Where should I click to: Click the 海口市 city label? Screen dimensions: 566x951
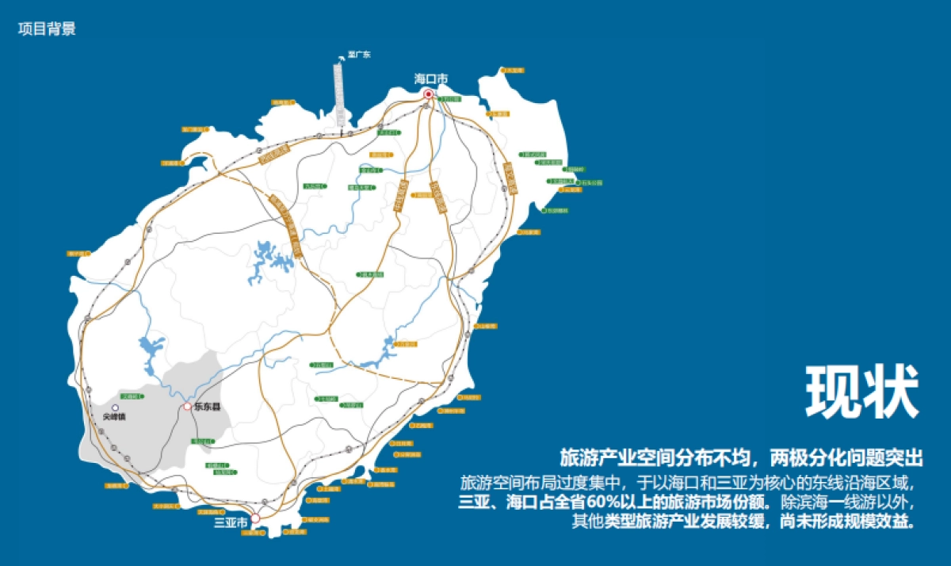click(431, 79)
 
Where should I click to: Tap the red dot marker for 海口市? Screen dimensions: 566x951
click(428, 94)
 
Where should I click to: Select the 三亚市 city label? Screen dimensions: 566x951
click(231, 522)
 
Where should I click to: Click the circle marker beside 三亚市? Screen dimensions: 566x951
click(255, 519)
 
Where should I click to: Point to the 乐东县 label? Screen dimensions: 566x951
click(208, 407)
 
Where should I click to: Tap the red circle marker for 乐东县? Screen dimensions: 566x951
click(188, 407)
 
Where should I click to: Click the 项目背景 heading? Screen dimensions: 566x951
click(47, 29)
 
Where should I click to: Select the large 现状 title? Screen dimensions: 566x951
click(862, 392)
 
